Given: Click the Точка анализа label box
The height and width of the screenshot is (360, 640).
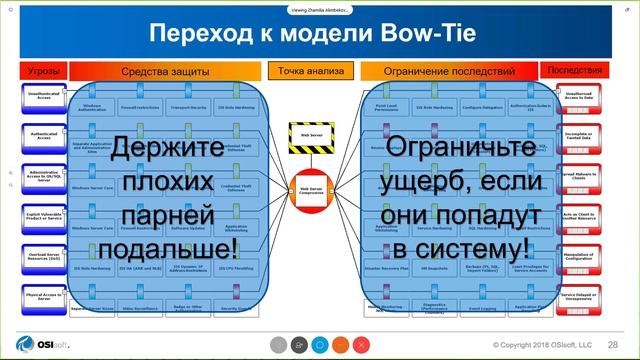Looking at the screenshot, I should (x=310, y=72).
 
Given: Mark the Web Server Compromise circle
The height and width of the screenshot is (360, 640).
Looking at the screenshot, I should (x=309, y=185).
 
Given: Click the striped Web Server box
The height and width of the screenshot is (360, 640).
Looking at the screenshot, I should (x=309, y=132).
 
